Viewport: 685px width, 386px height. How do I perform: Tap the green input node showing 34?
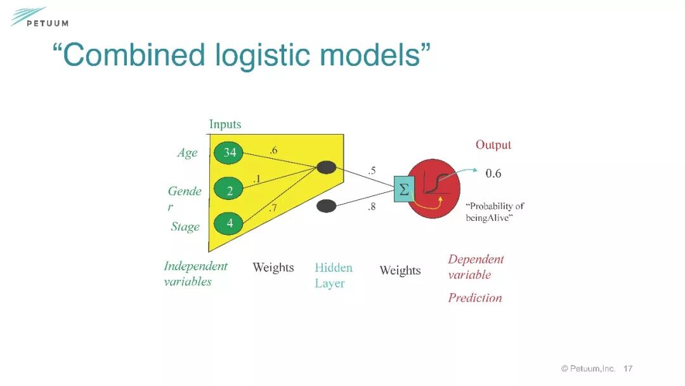230,152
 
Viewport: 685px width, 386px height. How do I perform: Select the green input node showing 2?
230,189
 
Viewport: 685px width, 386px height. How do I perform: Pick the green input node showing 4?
230,223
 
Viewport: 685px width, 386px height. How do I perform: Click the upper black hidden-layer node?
326,168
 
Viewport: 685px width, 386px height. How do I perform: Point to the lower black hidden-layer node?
326,206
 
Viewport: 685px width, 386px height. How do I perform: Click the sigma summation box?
403,189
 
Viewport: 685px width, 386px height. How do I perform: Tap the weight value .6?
273,150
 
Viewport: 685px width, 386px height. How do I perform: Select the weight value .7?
273,208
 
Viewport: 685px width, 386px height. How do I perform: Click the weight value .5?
372,170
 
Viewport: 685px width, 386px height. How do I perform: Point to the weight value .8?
372,206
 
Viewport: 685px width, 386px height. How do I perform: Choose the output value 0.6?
493,173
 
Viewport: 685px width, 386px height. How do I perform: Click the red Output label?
493,145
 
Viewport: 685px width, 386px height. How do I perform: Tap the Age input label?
187,153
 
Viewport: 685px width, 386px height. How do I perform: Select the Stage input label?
185,227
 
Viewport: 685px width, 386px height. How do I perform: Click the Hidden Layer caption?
333,276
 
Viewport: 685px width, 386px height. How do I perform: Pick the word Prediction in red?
474,298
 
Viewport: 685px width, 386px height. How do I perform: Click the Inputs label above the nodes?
225,124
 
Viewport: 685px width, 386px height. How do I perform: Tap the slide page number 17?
628,368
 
